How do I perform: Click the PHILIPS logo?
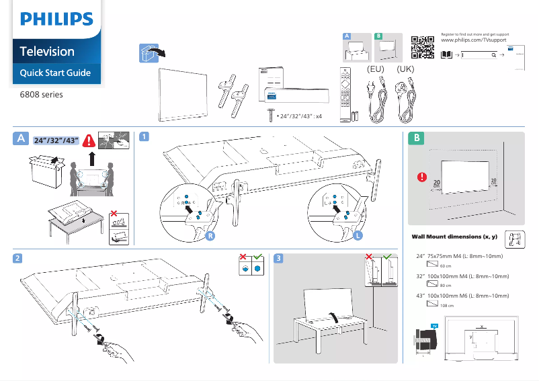point(56,18)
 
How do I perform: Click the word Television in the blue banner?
point(47,51)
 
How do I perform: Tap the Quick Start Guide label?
point(55,73)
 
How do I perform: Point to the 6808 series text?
point(41,95)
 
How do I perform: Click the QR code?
point(421,47)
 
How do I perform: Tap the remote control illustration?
point(345,93)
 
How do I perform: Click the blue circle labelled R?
point(210,237)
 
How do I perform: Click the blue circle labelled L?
point(358,237)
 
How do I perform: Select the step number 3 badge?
point(279,258)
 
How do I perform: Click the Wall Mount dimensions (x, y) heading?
point(454,237)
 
